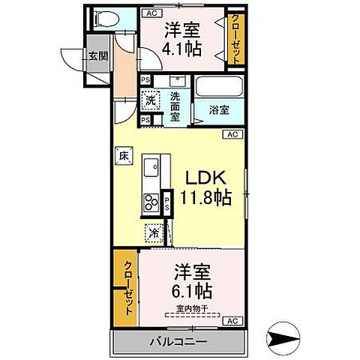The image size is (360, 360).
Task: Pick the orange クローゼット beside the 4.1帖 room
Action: pyautogui.click(x=236, y=41)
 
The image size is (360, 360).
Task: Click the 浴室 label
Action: pyautogui.click(x=219, y=110)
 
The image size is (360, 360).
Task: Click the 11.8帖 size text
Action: pyautogui.click(x=204, y=198)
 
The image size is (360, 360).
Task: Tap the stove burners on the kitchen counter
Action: pyautogui.click(x=150, y=202)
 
